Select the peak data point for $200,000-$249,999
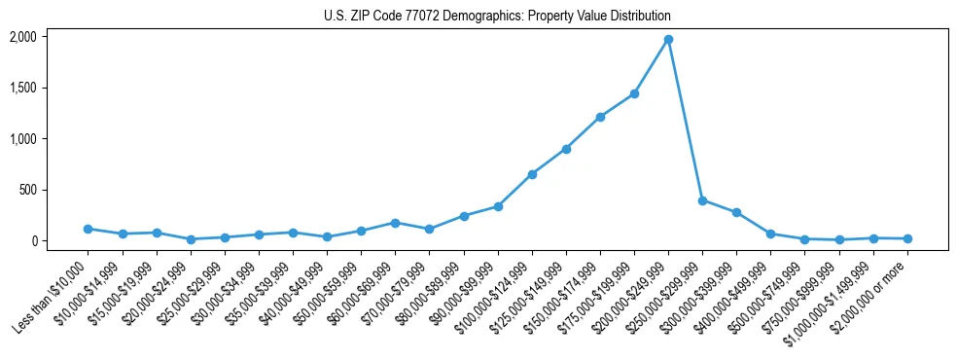(x=668, y=40)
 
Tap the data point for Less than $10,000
(x=89, y=229)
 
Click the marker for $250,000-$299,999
(x=702, y=200)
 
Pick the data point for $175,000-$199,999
(x=634, y=93)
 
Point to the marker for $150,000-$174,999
(x=600, y=117)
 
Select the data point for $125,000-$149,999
(x=566, y=149)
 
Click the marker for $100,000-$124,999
(x=532, y=174)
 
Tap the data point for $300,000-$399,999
(x=736, y=212)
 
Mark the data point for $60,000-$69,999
(x=395, y=223)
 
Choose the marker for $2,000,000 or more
(x=907, y=238)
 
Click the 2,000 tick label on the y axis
(x=22, y=37)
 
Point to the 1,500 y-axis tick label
(x=22, y=88)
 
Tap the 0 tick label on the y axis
(x=33, y=240)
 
